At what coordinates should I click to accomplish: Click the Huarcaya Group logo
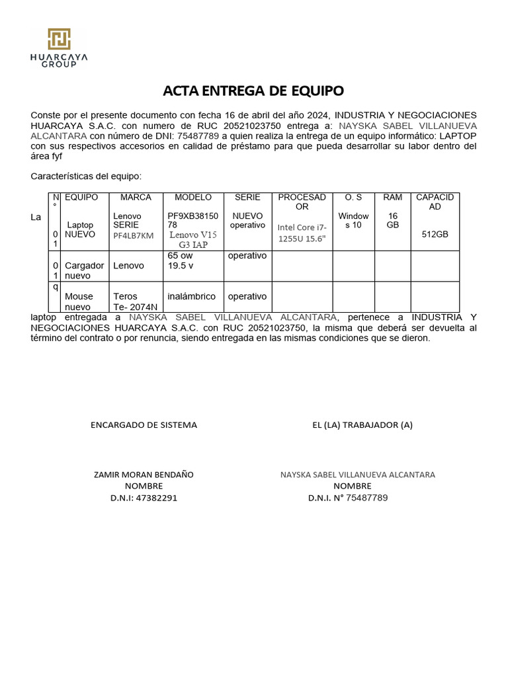pyautogui.click(x=59, y=48)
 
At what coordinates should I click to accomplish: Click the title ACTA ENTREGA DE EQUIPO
pyautogui.click(x=254, y=91)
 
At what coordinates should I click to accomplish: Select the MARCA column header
pyautogui.click(x=135, y=198)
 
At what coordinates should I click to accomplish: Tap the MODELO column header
pyautogui.click(x=192, y=198)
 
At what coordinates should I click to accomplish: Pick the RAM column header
pyautogui.click(x=392, y=198)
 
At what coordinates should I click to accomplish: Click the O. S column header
pyautogui.click(x=353, y=198)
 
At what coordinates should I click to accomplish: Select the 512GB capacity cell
pyautogui.click(x=435, y=234)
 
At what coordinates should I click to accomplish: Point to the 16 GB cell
pyautogui.click(x=392, y=221)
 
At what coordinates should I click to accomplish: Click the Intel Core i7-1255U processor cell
pyautogui.click(x=302, y=233)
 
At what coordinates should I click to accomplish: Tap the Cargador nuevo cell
pyautogui.click(x=84, y=270)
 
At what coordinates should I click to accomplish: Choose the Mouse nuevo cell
pyautogui.click(x=79, y=301)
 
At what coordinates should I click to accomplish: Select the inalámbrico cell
pyautogui.click(x=192, y=297)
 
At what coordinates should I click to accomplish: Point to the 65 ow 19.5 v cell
pyautogui.click(x=181, y=260)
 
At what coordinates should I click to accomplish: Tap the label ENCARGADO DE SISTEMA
pyautogui.click(x=144, y=425)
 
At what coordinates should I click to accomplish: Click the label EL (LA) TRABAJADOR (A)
pyautogui.click(x=362, y=425)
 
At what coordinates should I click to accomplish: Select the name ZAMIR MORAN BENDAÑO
pyautogui.click(x=144, y=475)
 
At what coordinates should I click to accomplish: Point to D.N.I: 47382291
pyautogui.click(x=144, y=498)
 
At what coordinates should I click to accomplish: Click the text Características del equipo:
pyautogui.click(x=86, y=177)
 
